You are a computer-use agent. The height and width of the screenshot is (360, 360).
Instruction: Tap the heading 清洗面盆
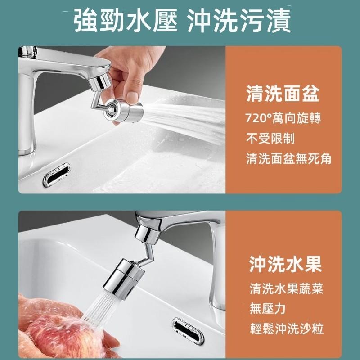pyautogui.click(x=283, y=94)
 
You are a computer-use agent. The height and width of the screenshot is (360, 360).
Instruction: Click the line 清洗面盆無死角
pyautogui.click(x=288, y=158)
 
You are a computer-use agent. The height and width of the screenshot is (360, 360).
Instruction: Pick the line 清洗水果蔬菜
pyautogui.click(x=286, y=288)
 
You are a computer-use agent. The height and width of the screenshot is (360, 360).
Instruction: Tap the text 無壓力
pyautogui.click(x=268, y=309)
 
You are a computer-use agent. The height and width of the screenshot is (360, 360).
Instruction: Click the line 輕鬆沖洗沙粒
pyautogui.click(x=286, y=329)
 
